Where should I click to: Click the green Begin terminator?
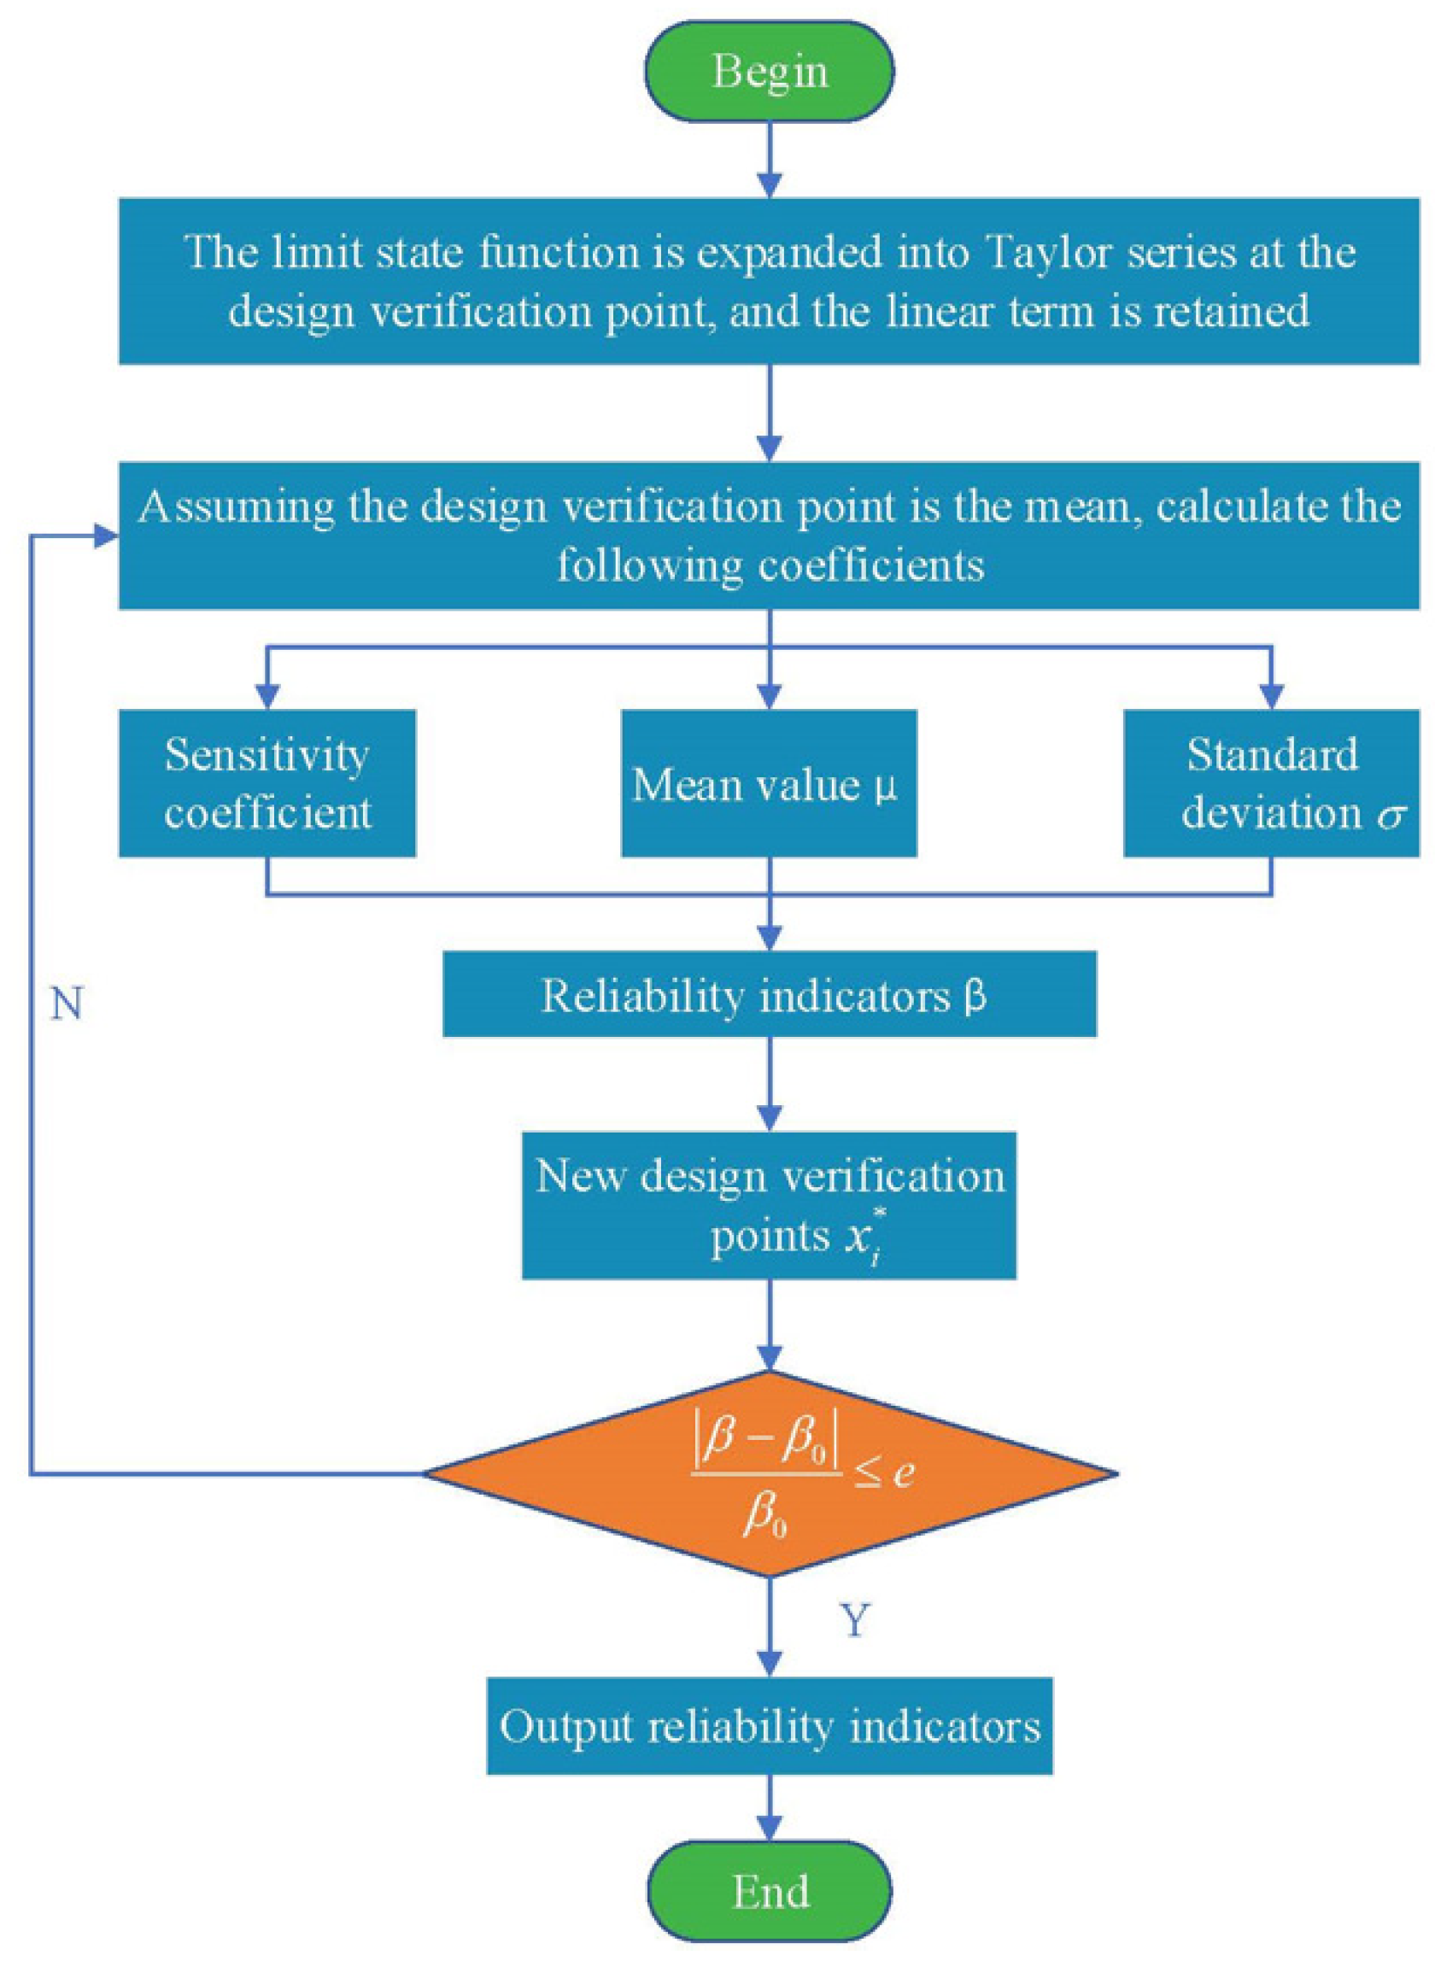point(770,71)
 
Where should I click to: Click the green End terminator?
point(770,1892)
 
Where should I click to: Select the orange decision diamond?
point(770,1474)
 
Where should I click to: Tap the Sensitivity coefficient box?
point(266,783)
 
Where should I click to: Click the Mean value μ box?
point(769,783)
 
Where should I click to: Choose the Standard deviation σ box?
point(1271,783)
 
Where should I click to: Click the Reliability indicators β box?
point(769,995)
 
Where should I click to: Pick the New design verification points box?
point(769,1205)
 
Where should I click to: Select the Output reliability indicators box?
point(769,1726)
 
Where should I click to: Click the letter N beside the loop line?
point(66,1005)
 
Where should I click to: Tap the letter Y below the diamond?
point(855,1620)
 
